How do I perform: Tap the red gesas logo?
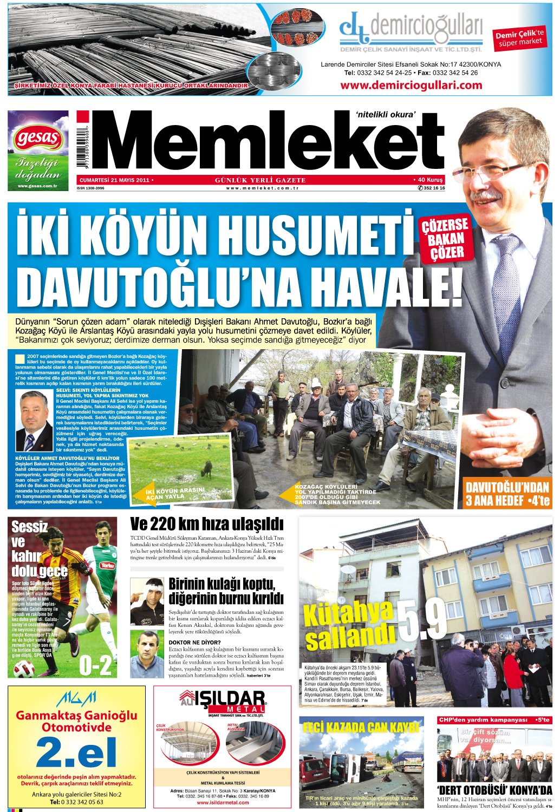38,139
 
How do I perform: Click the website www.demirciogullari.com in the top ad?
411,85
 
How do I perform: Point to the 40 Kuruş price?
428,180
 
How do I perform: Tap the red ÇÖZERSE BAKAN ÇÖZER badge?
445,239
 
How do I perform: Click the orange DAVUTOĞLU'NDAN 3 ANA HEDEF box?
507,494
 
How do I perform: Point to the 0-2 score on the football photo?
95,665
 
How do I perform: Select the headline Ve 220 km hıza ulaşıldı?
206,524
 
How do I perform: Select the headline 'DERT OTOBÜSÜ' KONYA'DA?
494,790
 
